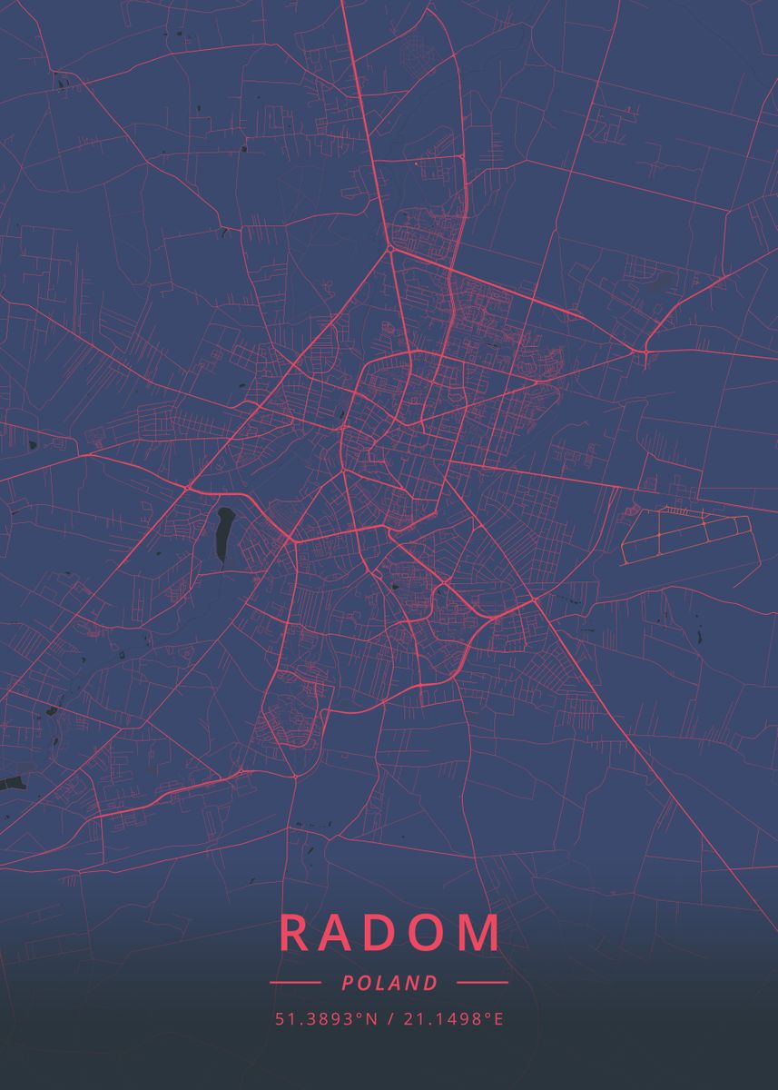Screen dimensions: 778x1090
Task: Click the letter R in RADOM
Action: click(x=296, y=933)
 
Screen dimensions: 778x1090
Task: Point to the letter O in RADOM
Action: click(x=428, y=933)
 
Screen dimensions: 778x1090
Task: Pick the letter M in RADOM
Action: click(x=479, y=933)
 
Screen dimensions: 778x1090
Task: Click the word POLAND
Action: click(x=389, y=983)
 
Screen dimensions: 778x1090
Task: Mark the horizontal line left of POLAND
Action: click(x=295, y=983)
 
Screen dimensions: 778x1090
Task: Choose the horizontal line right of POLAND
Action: click(x=482, y=983)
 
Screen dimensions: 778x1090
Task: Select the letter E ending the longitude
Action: click(x=498, y=1019)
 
